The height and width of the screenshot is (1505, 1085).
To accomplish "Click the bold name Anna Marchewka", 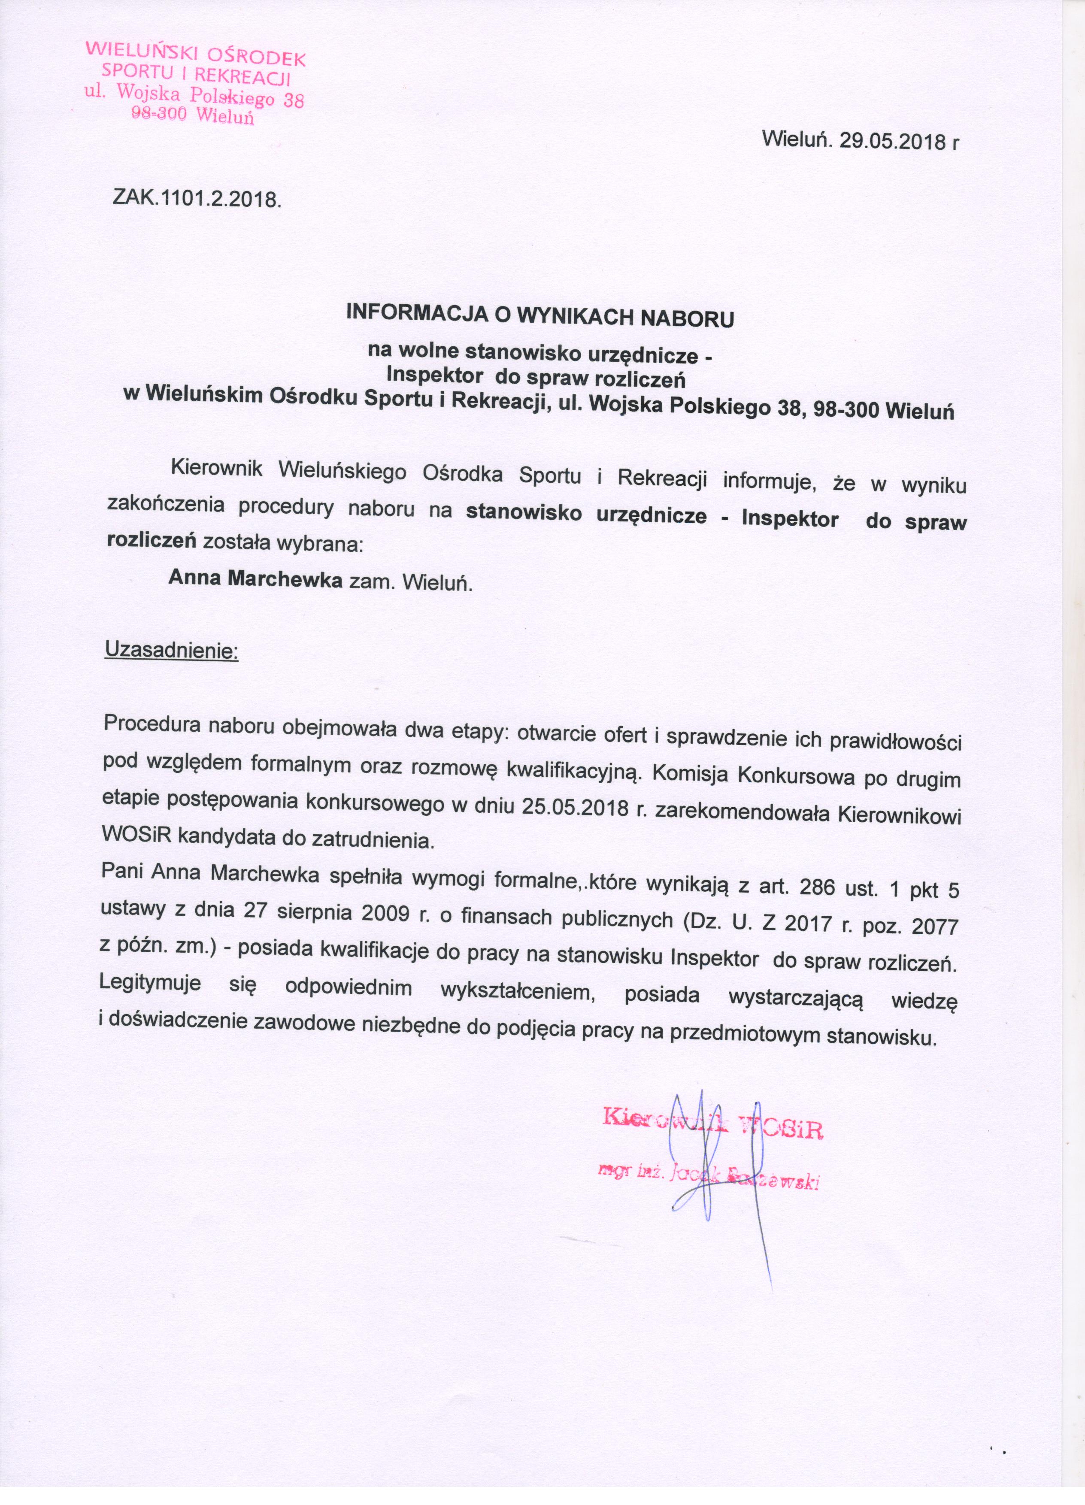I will [255, 578].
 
